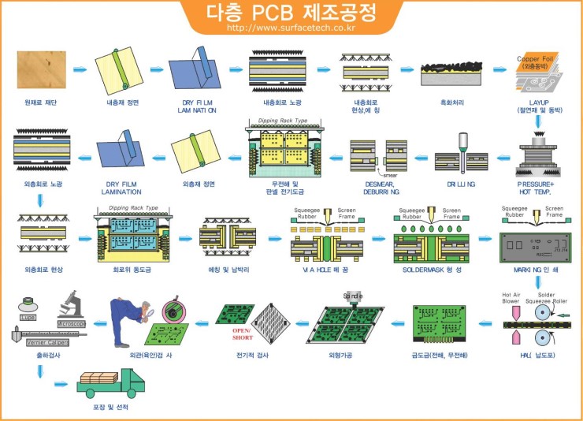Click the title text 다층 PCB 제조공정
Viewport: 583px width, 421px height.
(291, 12)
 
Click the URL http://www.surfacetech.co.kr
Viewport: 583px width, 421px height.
(291, 28)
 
